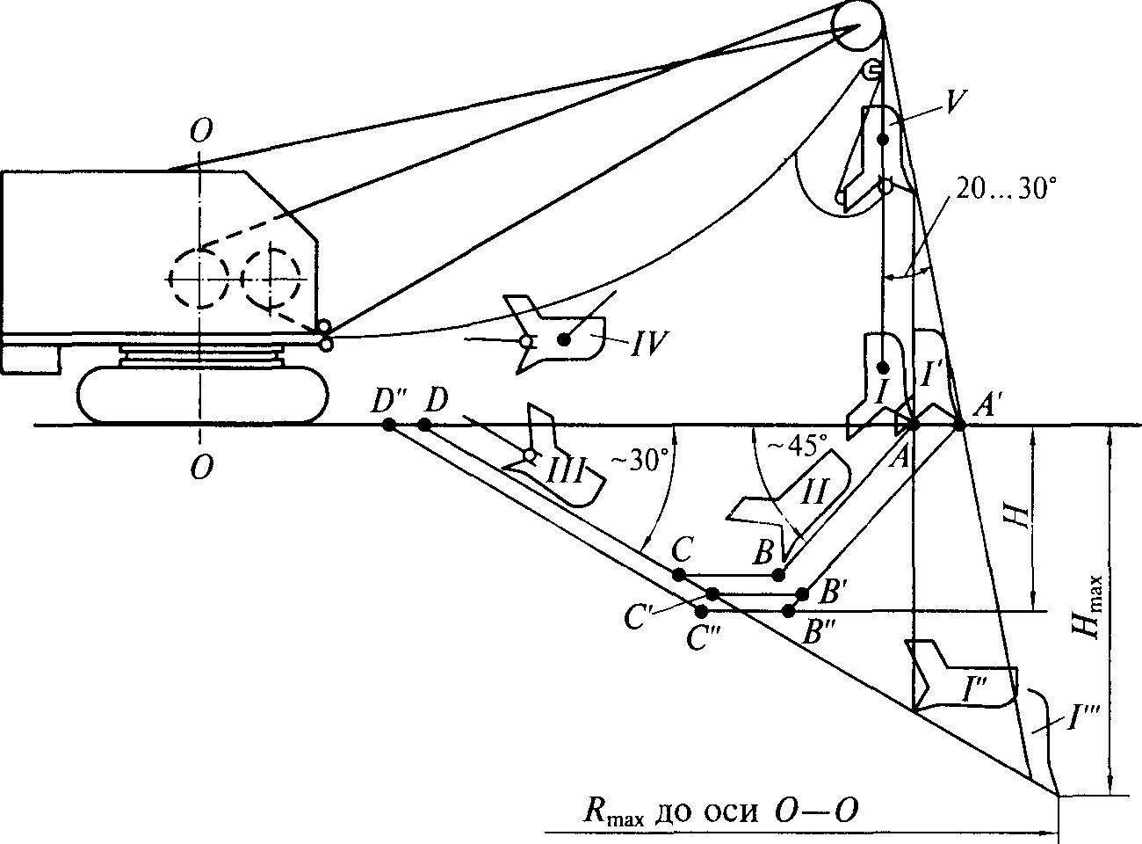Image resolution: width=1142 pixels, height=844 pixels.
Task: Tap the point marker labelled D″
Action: [x=388, y=426]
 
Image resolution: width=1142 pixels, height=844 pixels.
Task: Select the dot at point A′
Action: [x=959, y=426]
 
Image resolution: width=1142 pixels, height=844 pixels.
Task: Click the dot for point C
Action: [x=678, y=574]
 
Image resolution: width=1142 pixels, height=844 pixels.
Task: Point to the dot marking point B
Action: [x=777, y=574]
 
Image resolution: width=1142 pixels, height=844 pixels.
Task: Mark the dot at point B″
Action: [x=789, y=610]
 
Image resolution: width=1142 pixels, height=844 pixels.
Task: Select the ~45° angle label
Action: [x=792, y=444]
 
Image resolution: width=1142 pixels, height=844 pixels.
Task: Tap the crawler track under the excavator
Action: [x=202, y=393]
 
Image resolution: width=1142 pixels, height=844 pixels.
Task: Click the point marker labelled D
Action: [x=424, y=426]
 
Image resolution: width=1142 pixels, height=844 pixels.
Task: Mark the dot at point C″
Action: [x=701, y=610]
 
